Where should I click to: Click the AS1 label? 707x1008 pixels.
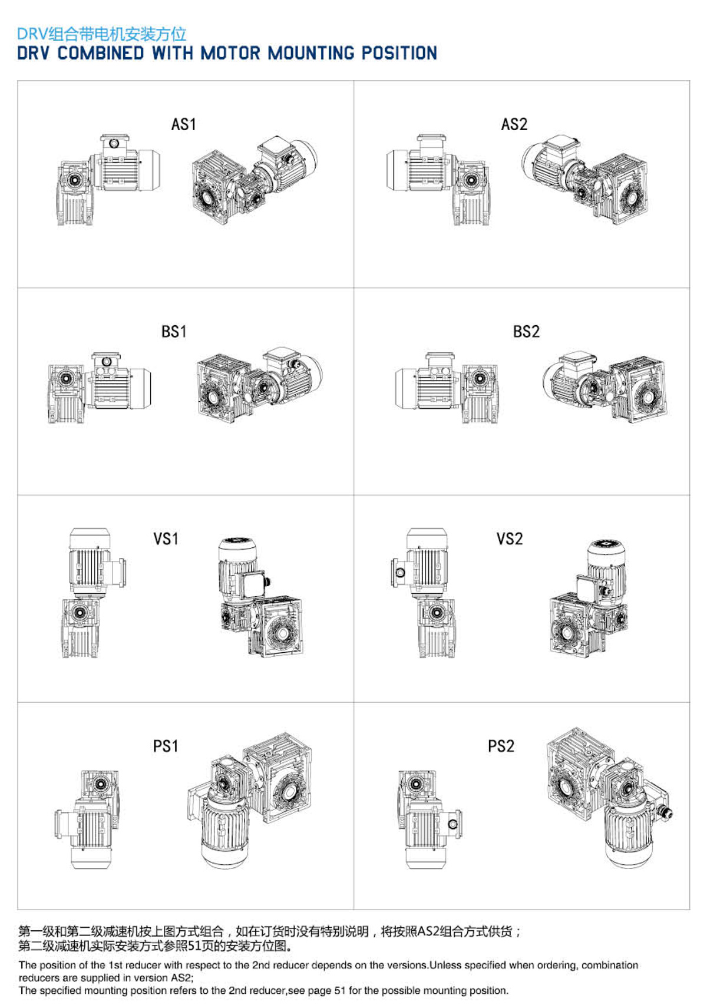[x=183, y=124]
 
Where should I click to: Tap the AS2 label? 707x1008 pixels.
[x=514, y=124]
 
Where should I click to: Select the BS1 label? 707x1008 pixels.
[x=174, y=332]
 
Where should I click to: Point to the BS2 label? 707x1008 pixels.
[x=526, y=332]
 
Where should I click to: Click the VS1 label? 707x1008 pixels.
[x=166, y=538]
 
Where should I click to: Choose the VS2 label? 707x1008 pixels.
[x=510, y=538]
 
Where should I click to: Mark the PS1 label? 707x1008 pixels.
[x=166, y=746]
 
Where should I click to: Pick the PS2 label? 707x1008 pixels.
[x=501, y=746]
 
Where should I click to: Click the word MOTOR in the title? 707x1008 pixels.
[x=230, y=53]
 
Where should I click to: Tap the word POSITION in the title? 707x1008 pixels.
[x=399, y=53]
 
